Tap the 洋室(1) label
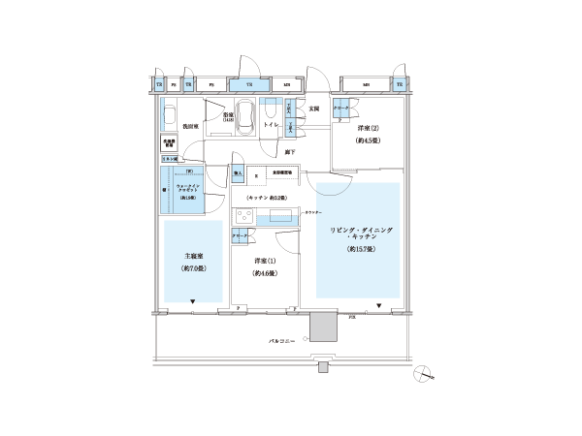point(261,261)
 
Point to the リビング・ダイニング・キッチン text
point(358,233)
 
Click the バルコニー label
point(283,340)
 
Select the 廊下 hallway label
point(290,151)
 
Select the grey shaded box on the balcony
point(321,328)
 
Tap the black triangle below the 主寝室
point(194,303)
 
